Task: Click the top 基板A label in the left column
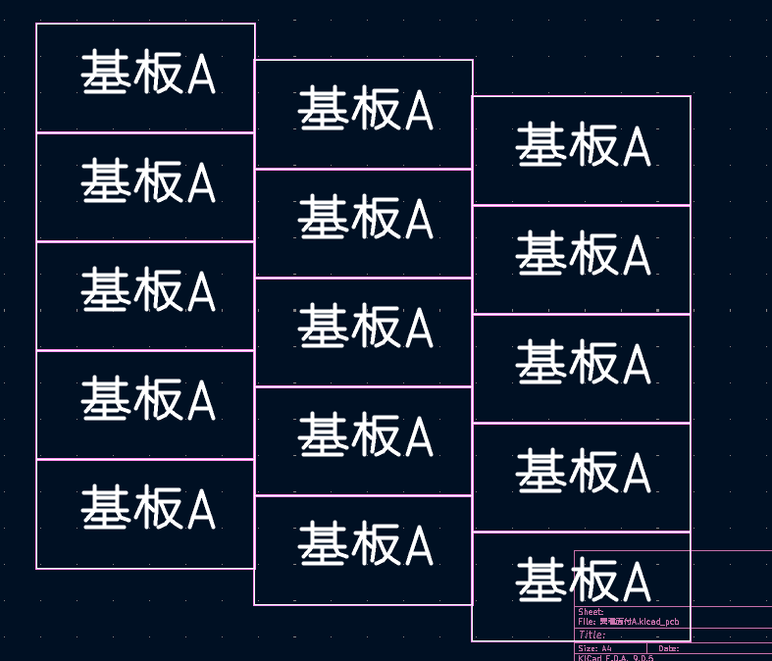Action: (x=147, y=75)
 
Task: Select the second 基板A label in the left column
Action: (x=147, y=183)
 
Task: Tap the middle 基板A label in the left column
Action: (x=147, y=292)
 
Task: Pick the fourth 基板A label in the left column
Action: (x=147, y=401)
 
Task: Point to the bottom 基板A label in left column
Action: (x=147, y=510)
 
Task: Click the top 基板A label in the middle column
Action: (x=365, y=111)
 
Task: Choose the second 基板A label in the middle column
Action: (x=365, y=220)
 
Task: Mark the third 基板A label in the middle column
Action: (x=365, y=329)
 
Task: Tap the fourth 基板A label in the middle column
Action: (x=365, y=437)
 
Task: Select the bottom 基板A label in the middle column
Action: (x=365, y=546)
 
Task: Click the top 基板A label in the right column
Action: (x=583, y=147)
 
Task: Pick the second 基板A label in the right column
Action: (x=583, y=256)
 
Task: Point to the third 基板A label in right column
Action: (x=583, y=365)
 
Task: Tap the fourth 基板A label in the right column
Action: (x=583, y=474)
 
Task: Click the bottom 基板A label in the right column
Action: (x=583, y=583)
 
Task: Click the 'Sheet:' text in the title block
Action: (x=591, y=612)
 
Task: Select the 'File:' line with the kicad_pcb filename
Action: (x=628, y=622)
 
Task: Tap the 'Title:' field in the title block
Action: (x=592, y=635)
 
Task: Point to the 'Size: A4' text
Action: (x=594, y=648)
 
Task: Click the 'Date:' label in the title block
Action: (x=669, y=648)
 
